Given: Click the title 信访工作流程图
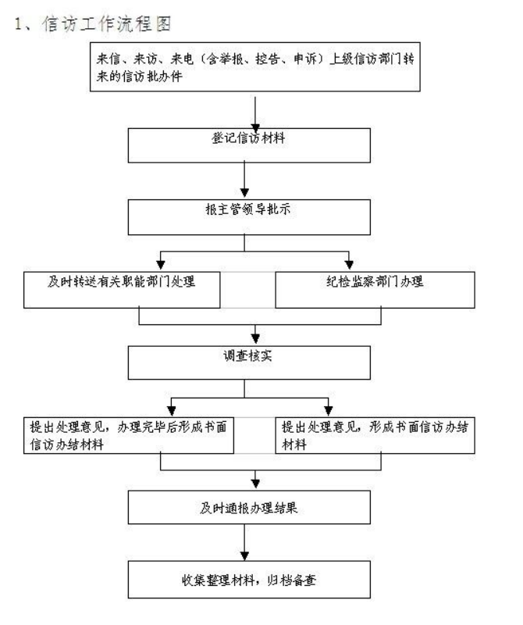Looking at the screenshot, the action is pos(107,24).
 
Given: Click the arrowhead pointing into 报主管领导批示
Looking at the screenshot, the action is pos(244,192).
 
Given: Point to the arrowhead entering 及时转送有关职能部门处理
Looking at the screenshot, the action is pos(161,265).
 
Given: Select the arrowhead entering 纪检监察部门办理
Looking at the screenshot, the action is pos(349,265).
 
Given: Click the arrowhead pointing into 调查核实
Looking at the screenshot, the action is pos(255,338).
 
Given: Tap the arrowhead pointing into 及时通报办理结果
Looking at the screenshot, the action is pos(255,484).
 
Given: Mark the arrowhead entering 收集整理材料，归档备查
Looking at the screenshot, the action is pos(244,555).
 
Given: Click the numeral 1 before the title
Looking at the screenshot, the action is pos(18,24).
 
